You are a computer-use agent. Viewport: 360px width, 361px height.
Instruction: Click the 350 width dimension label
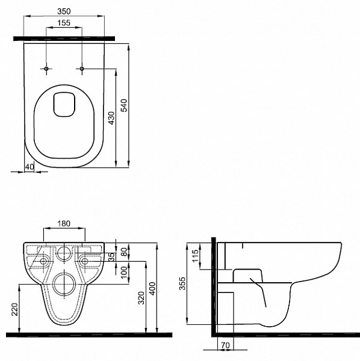[x=64, y=11]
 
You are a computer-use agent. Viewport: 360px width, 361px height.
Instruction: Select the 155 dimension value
[x=64, y=23]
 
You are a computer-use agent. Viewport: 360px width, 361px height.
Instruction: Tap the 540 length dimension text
[x=124, y=105]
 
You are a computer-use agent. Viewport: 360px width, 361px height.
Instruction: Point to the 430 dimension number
[x=111, y=118]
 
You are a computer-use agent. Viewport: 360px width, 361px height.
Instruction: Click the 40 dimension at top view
[x=29, y=167]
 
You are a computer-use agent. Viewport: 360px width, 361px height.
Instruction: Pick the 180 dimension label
[x=64, y=224]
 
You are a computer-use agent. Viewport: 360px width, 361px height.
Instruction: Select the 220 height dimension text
[x=14, y=309]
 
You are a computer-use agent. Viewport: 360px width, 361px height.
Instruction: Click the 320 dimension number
[x=141, y=298]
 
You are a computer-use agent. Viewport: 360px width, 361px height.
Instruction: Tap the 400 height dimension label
[x=152, y=288]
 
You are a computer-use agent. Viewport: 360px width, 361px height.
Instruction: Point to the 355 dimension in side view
[x=182, y=283]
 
